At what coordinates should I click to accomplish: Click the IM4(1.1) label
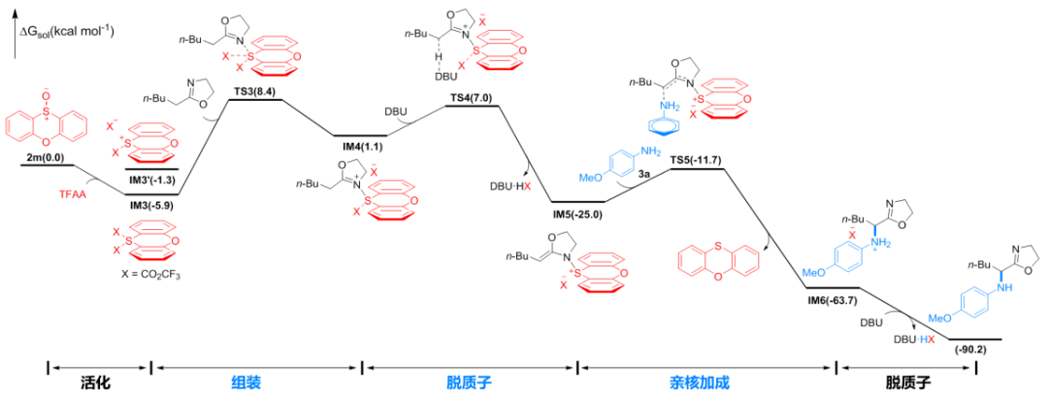362,146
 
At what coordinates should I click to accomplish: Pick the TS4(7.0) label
472,98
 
